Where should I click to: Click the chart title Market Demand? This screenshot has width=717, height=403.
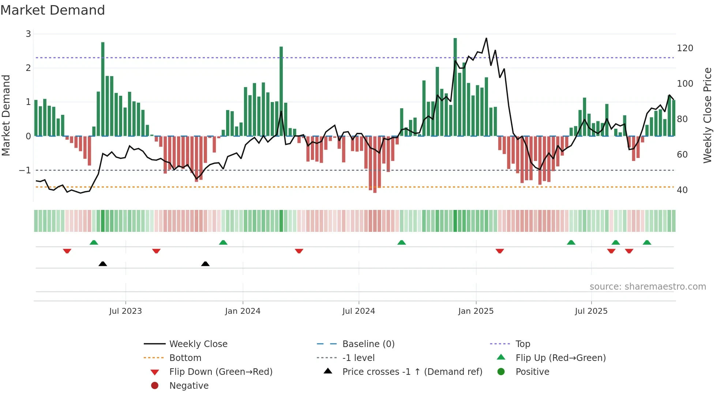coord(53,10)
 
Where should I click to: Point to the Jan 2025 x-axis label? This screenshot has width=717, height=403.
coord(476,311)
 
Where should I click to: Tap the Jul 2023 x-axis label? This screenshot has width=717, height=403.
coord(125,311)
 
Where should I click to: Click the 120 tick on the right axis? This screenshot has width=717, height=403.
coord(685,48)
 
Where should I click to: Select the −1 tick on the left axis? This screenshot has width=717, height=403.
coord(25,170)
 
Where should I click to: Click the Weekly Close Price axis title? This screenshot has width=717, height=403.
coord(707,115)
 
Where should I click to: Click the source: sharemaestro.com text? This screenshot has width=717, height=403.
coord(647,287)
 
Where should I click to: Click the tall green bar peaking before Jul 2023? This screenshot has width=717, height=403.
coord(103,89)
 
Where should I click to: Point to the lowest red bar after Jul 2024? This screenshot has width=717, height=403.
coord(375,165)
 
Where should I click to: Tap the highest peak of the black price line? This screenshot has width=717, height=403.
coord(486,38)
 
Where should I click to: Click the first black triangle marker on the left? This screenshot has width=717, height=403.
coord(103,264)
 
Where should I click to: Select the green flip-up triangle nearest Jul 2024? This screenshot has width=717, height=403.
coord(402,242)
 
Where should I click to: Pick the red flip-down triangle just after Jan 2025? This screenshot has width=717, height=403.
coord(500,251)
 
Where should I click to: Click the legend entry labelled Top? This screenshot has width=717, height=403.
coord(522,344)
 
